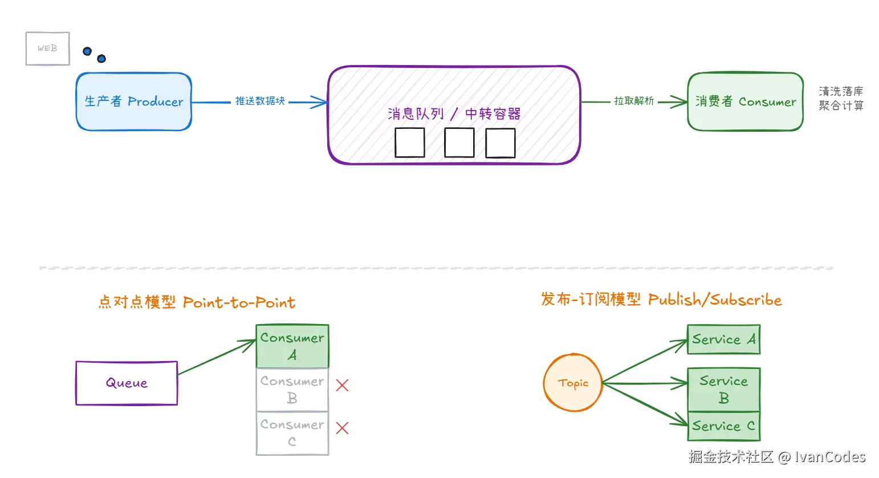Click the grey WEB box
tap(48, 48)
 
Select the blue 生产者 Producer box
tap(134, 102)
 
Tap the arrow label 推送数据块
tap(260, 101)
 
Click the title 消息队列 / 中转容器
tap(454, 114)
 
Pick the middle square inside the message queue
tap(459, 143)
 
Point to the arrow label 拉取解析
tap(633, 101)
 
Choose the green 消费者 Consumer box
tap(745, 102)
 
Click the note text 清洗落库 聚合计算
tap(841, 98)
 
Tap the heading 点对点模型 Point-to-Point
tap(197, 302)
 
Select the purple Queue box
tap(127, 383)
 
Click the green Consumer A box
tap(292, 346)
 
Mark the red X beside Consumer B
tap(342, 386)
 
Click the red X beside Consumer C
tap(342, 428)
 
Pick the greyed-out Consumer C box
tap(292, 434)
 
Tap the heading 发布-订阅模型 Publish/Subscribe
tap(661, 299)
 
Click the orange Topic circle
tap(573, 383)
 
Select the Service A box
tap(723, 339)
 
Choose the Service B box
tap(723, 390)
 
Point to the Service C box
tap(723, 426)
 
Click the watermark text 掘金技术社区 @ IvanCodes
tap(776, 457)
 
